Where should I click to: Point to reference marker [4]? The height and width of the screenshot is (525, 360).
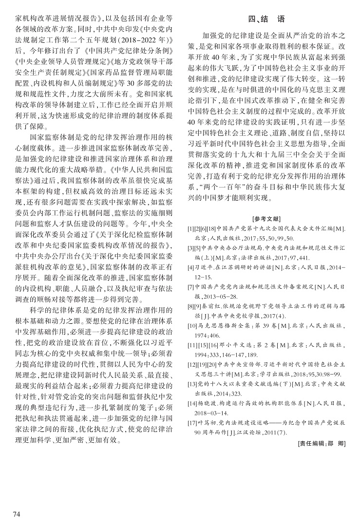pos(191,267)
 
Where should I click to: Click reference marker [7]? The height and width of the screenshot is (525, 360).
pos(191,287)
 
